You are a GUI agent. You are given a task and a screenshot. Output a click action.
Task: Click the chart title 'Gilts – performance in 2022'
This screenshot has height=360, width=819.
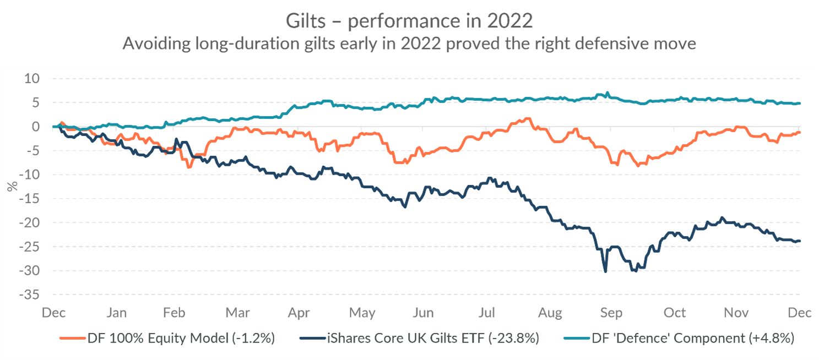tap(409, 21)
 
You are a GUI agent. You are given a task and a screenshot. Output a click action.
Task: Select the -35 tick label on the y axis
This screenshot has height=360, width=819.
tap(29, 295)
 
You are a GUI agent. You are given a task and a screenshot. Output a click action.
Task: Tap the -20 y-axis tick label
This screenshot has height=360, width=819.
tap(29, 223)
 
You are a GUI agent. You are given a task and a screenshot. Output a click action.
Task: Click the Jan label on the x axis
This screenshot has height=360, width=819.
tap(116, 313)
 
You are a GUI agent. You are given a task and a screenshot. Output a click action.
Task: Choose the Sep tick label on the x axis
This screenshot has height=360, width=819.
tap(611, 313)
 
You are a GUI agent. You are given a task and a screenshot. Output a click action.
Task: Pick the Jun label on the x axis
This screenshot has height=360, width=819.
tap(423, 313)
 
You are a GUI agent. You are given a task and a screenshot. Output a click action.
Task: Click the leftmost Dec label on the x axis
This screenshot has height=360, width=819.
tap(54, 313)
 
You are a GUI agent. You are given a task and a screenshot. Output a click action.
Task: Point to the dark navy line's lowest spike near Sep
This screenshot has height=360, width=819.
tap(606, 271)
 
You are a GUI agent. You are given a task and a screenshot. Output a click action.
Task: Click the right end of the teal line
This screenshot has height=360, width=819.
tap(800, 103)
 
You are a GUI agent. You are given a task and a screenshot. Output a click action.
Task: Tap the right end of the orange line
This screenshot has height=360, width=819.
tap(800, 132)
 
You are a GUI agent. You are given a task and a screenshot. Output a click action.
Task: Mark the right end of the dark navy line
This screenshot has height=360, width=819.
tap(800, 241)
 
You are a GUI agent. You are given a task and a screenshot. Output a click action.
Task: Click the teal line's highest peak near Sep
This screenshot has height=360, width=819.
tap(607, 92)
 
